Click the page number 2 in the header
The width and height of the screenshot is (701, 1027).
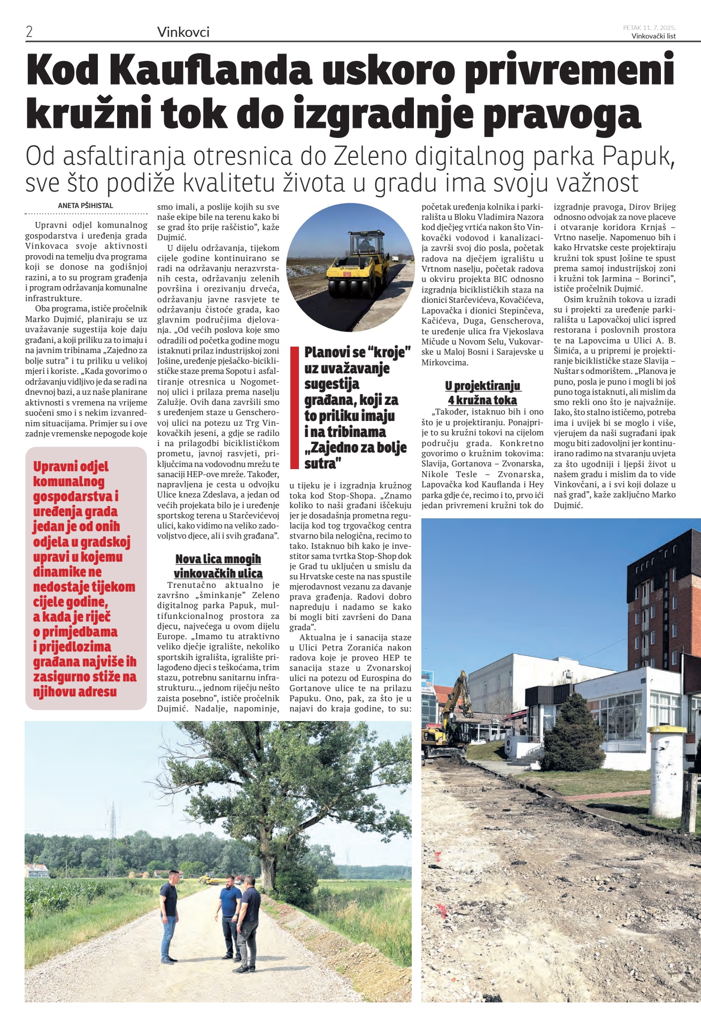[29, 32]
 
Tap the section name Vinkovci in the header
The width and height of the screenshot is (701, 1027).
[183, 32]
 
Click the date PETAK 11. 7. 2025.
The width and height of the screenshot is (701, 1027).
[649, 27]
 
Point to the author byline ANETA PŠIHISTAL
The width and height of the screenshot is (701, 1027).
[86, 205]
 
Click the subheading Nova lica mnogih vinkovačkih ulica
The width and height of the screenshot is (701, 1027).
[218, 566]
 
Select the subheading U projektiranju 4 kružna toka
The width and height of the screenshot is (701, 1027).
[482, 393]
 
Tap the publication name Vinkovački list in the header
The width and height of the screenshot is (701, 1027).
[653, 36]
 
